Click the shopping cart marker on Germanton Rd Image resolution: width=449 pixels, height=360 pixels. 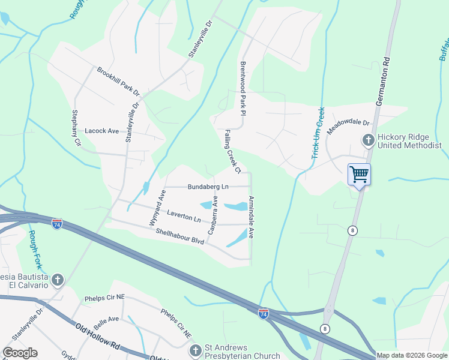tap(359, 175)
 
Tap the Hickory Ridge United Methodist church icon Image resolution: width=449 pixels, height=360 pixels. tap(367, 140)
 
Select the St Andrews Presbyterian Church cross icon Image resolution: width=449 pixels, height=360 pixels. tap(194, 350)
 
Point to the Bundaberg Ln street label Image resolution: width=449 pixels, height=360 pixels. tap(208, 187)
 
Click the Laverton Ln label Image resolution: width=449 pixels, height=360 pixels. tap(184, 216)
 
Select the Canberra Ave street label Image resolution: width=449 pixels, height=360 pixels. tap(212, 214)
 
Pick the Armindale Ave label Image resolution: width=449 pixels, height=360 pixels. tap(252, 217)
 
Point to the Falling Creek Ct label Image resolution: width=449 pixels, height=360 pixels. tap(232, 151)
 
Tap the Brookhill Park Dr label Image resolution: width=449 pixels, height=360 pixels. tap(118, 82)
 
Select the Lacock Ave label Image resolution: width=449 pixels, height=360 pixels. tap(102, 130)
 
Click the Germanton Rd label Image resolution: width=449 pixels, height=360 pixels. tap(382, 81)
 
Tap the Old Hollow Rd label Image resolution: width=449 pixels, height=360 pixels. tap(98, 336)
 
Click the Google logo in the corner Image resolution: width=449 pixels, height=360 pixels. tap(20, 353)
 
